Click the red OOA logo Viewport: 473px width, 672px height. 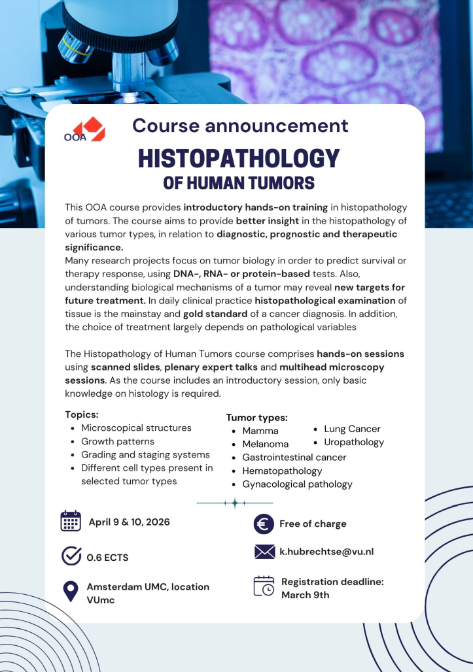click(x=84, y=129)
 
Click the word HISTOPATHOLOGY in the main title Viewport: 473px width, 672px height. click(x=239, y=159)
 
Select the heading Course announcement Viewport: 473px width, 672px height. click(x=240, y=126)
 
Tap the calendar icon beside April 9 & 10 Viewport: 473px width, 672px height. click(x=71, y=522)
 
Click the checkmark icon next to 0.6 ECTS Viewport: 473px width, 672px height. click(x=71, y=556)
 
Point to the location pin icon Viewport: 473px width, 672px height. click(x=70, y=592)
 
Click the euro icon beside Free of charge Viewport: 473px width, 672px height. click(x=264, y=524)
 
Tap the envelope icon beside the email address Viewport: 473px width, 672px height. click(x=264, y=552)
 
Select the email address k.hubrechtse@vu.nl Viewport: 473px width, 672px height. click(x=326, y=552)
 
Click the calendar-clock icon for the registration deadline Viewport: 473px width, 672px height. click(x=264, y=586)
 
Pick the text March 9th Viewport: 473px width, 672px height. click(x=306, y=595)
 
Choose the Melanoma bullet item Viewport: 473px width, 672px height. click(x=265, y=445)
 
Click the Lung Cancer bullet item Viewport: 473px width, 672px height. click(x=352, y=429)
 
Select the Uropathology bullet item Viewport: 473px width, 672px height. click(x=354, y=443)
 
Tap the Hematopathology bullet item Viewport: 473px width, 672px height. click(x=282, y=471)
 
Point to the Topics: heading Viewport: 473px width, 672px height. click(x=82, y=414)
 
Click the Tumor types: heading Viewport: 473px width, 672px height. click(x=256, y=417)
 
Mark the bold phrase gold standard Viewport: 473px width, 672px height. click(x=215, y=314)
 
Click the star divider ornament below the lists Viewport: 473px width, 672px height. click(x=234, y=503)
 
